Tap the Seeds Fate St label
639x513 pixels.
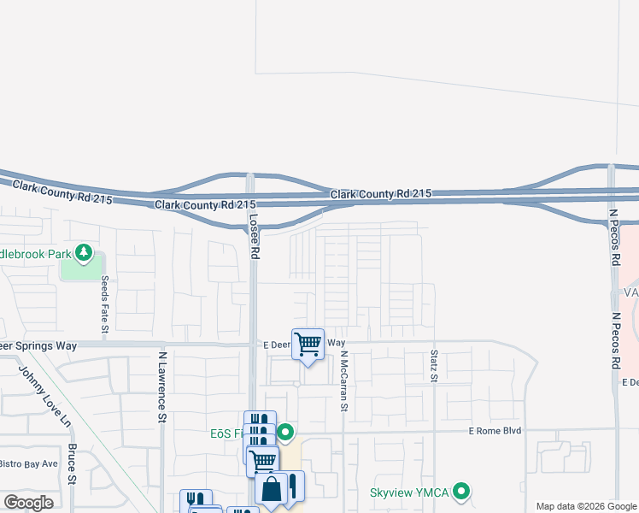(x=105, y=304)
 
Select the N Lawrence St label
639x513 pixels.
(x=161, y=386)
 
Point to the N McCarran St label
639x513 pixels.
(x=344, y=381)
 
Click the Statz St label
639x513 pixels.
(x=434, y=364)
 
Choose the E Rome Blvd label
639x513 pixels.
(x=495, y=431)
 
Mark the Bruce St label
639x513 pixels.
(x=73, y=463)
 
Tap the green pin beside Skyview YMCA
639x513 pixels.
(x=462, y=492)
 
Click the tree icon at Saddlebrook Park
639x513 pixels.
(x=84, y=251)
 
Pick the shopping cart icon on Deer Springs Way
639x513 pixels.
(x=308, y=344)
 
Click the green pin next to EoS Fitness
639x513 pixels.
(x=286, y=432)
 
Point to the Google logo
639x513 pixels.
(x=29, y=502)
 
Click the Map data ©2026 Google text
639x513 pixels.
(x=585, y=506)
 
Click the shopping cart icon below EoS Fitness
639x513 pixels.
(x=262, y=461)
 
